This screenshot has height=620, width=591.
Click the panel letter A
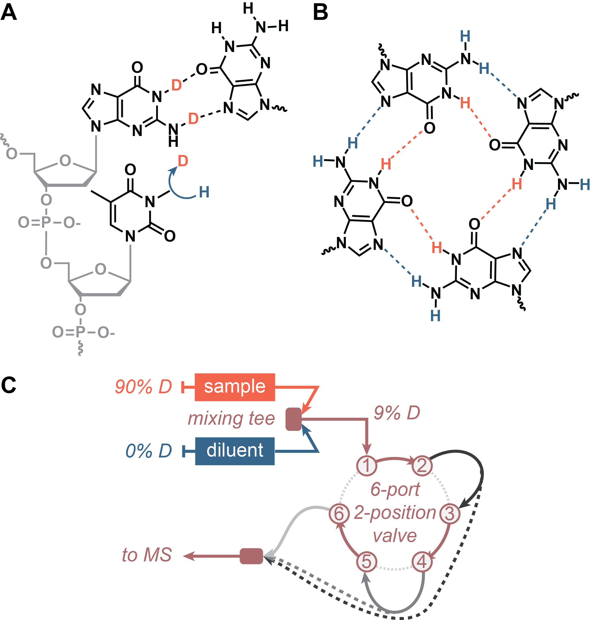(9, 13)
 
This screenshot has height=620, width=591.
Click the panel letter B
(320, 13)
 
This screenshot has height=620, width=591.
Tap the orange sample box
(235, 387)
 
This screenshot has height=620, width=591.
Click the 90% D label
(143, 387)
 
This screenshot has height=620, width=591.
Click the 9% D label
(397, 413)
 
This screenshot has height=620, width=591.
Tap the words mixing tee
(231, 419)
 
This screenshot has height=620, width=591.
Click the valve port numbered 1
(366, 465)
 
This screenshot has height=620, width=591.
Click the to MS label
(147, 555)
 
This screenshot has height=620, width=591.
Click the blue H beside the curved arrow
(204, 192)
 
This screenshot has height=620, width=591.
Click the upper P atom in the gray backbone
(46, 222)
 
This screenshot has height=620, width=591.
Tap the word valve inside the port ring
(395, 536)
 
